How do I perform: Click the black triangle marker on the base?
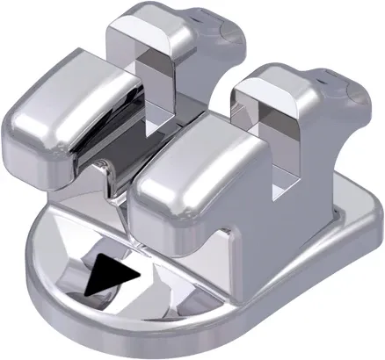112,276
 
